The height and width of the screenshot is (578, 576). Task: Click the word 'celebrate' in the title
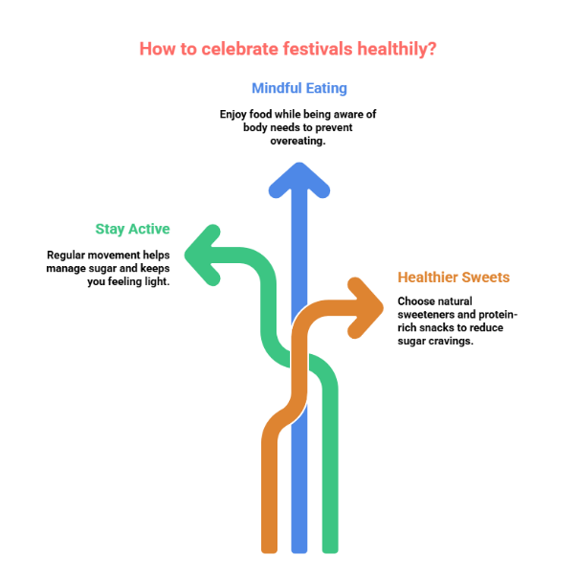(233, 49)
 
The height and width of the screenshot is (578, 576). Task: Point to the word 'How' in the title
(155, 49)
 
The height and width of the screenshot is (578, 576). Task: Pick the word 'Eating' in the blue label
(325, 88)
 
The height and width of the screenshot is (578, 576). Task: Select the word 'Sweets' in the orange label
(486, 278)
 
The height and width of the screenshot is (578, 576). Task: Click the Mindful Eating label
(299, 88)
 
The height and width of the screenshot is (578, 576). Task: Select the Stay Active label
(132, 229)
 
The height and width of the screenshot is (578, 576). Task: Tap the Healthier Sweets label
(454, 278)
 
